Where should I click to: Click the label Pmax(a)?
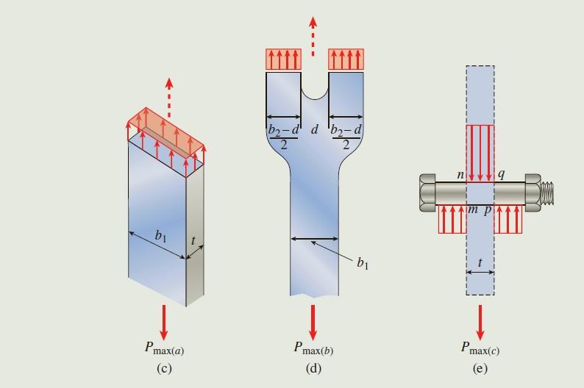[164, 349]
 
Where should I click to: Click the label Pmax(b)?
[313, 349]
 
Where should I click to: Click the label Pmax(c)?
[480, 348]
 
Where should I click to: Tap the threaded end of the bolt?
[549, 193]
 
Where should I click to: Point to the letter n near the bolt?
[460, 175]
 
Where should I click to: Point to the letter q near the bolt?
[501, 175]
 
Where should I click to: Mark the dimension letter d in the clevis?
[315, 130]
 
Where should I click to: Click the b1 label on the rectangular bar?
[160, 235]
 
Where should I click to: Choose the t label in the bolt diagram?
[480, 262]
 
